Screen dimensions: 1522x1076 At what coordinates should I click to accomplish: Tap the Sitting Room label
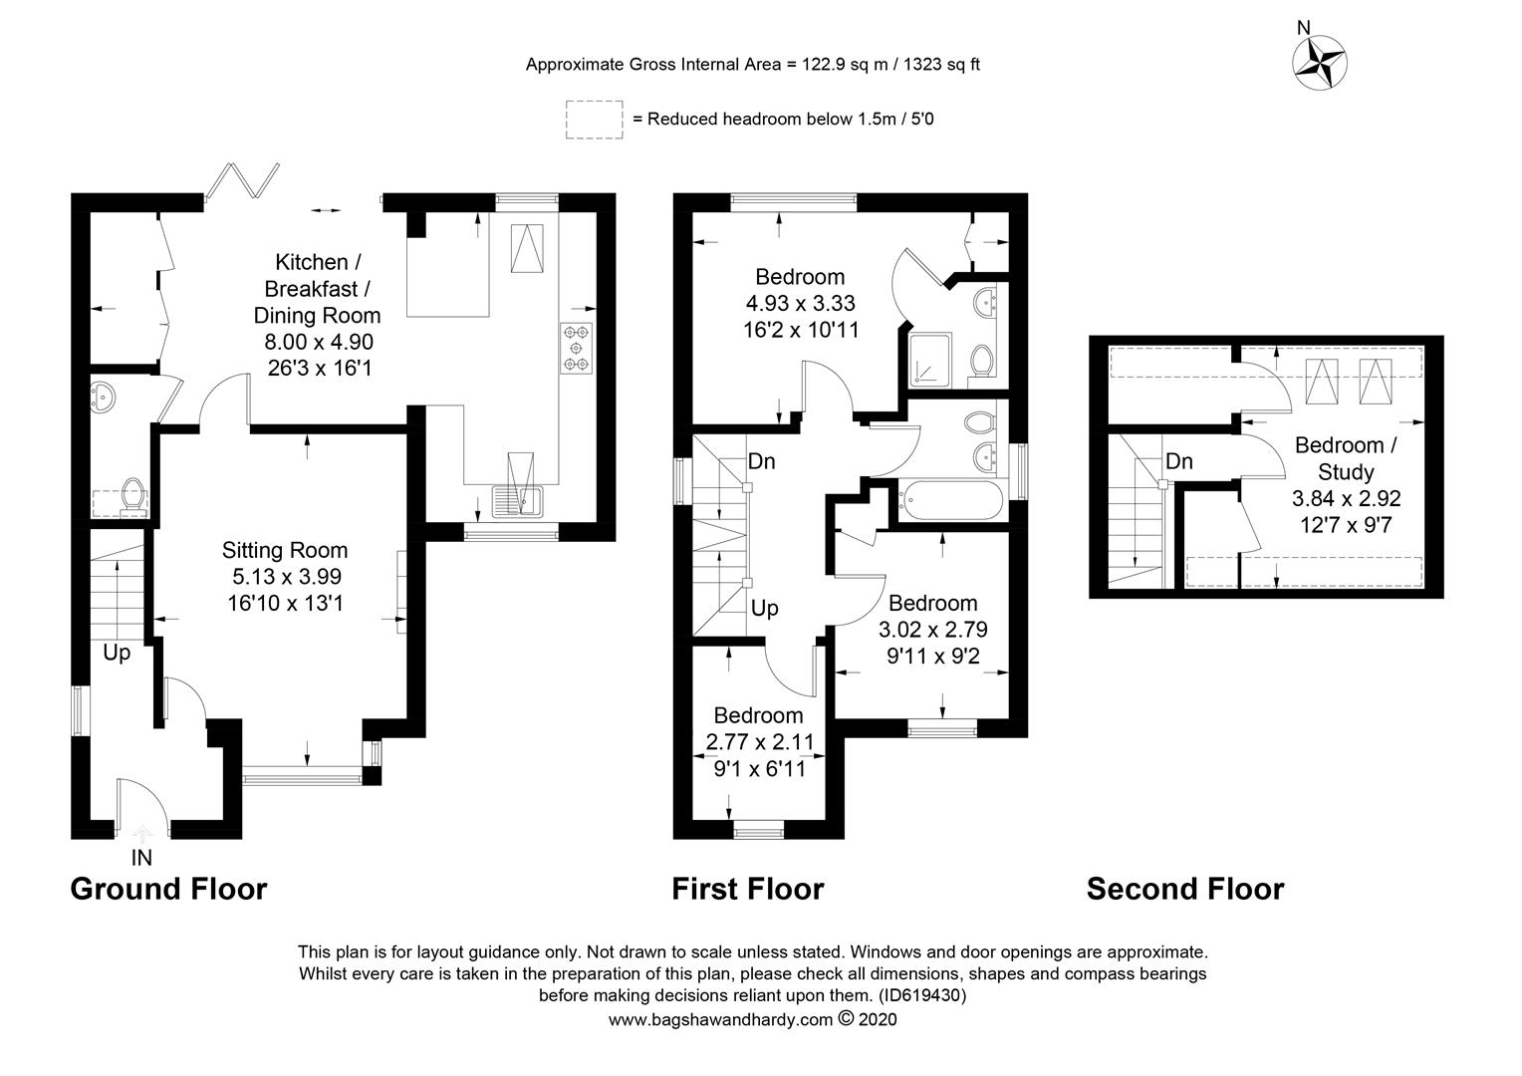285,550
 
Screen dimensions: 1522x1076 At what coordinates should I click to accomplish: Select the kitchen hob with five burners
576,348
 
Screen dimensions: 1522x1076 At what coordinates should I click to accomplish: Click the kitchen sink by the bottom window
518,500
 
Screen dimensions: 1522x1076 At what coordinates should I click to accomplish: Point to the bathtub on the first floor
951,500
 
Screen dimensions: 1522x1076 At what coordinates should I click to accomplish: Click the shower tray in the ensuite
930,360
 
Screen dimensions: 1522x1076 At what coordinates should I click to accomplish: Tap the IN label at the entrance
141,858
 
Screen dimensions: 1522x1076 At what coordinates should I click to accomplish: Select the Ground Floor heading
168,889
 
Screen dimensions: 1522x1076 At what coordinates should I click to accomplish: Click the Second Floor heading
1185,889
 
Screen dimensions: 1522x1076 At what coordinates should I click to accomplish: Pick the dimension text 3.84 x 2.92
1346,498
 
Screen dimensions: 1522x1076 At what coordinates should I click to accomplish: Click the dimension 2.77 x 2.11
760,741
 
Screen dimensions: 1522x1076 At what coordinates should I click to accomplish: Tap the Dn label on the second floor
1179,461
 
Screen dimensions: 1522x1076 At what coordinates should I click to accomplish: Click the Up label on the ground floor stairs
117,654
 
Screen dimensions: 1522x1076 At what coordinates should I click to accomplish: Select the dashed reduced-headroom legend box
595,120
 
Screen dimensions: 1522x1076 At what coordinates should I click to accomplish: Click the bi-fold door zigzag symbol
243,180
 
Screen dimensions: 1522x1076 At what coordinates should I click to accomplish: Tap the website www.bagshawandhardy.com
720,1019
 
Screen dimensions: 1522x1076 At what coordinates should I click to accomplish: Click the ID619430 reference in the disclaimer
922,995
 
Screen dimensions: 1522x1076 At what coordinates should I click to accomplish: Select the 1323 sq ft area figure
941,65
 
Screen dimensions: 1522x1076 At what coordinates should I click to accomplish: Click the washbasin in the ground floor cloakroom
103,397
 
